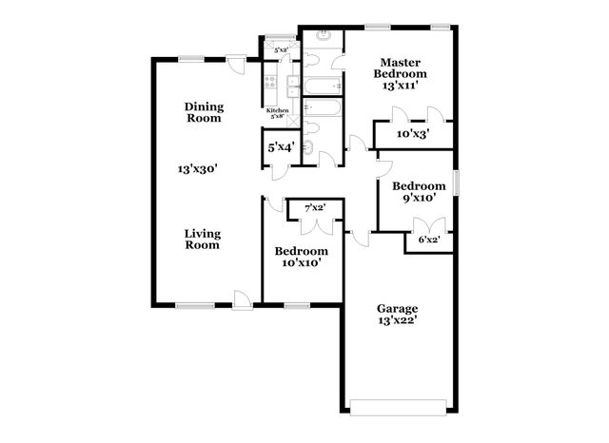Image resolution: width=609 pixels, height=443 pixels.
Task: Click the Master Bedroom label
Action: point(400,73)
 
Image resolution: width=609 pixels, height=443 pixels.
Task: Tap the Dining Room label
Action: point(203,112)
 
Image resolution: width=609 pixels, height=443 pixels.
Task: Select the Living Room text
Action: point(202,238)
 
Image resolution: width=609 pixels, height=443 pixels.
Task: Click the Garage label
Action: point(398,315)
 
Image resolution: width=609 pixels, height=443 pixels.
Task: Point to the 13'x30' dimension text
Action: point(199,169)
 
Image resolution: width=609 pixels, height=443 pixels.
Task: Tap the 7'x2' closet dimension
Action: point(315,207)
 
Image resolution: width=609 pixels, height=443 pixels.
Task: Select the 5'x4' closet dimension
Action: point(280,147)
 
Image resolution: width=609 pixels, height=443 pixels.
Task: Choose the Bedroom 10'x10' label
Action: point(301,257)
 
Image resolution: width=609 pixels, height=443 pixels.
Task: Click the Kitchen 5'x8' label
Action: point(277,114)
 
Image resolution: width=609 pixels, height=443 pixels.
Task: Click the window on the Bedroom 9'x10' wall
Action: point(455,182)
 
